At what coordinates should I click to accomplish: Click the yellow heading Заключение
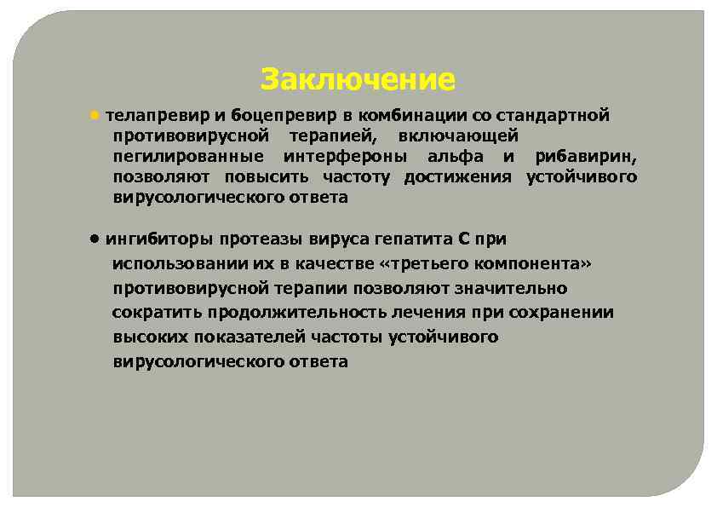click(358, 80)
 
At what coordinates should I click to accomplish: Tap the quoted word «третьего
click(414, 264)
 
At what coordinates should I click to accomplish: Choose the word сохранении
click(565, 313)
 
